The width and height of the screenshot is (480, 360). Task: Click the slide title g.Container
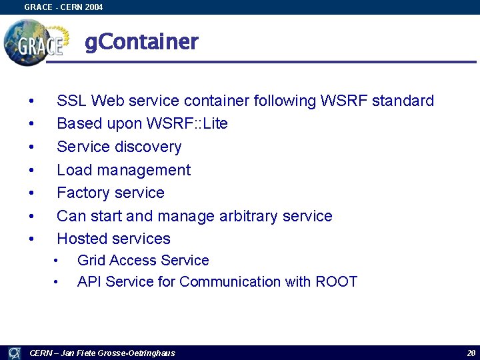(x=141, y=42)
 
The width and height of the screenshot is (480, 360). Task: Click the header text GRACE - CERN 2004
(x=63, y=7)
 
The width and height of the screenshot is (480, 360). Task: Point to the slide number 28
(x=471, y=353)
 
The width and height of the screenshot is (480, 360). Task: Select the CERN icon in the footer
(x=14, y=353)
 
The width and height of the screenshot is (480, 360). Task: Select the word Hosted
(x=83, y=239)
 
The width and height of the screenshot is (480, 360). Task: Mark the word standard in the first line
(x=403, y=101)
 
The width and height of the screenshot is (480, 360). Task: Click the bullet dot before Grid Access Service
(x=57, y=261)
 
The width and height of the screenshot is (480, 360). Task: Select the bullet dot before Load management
(x=31, y=170)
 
